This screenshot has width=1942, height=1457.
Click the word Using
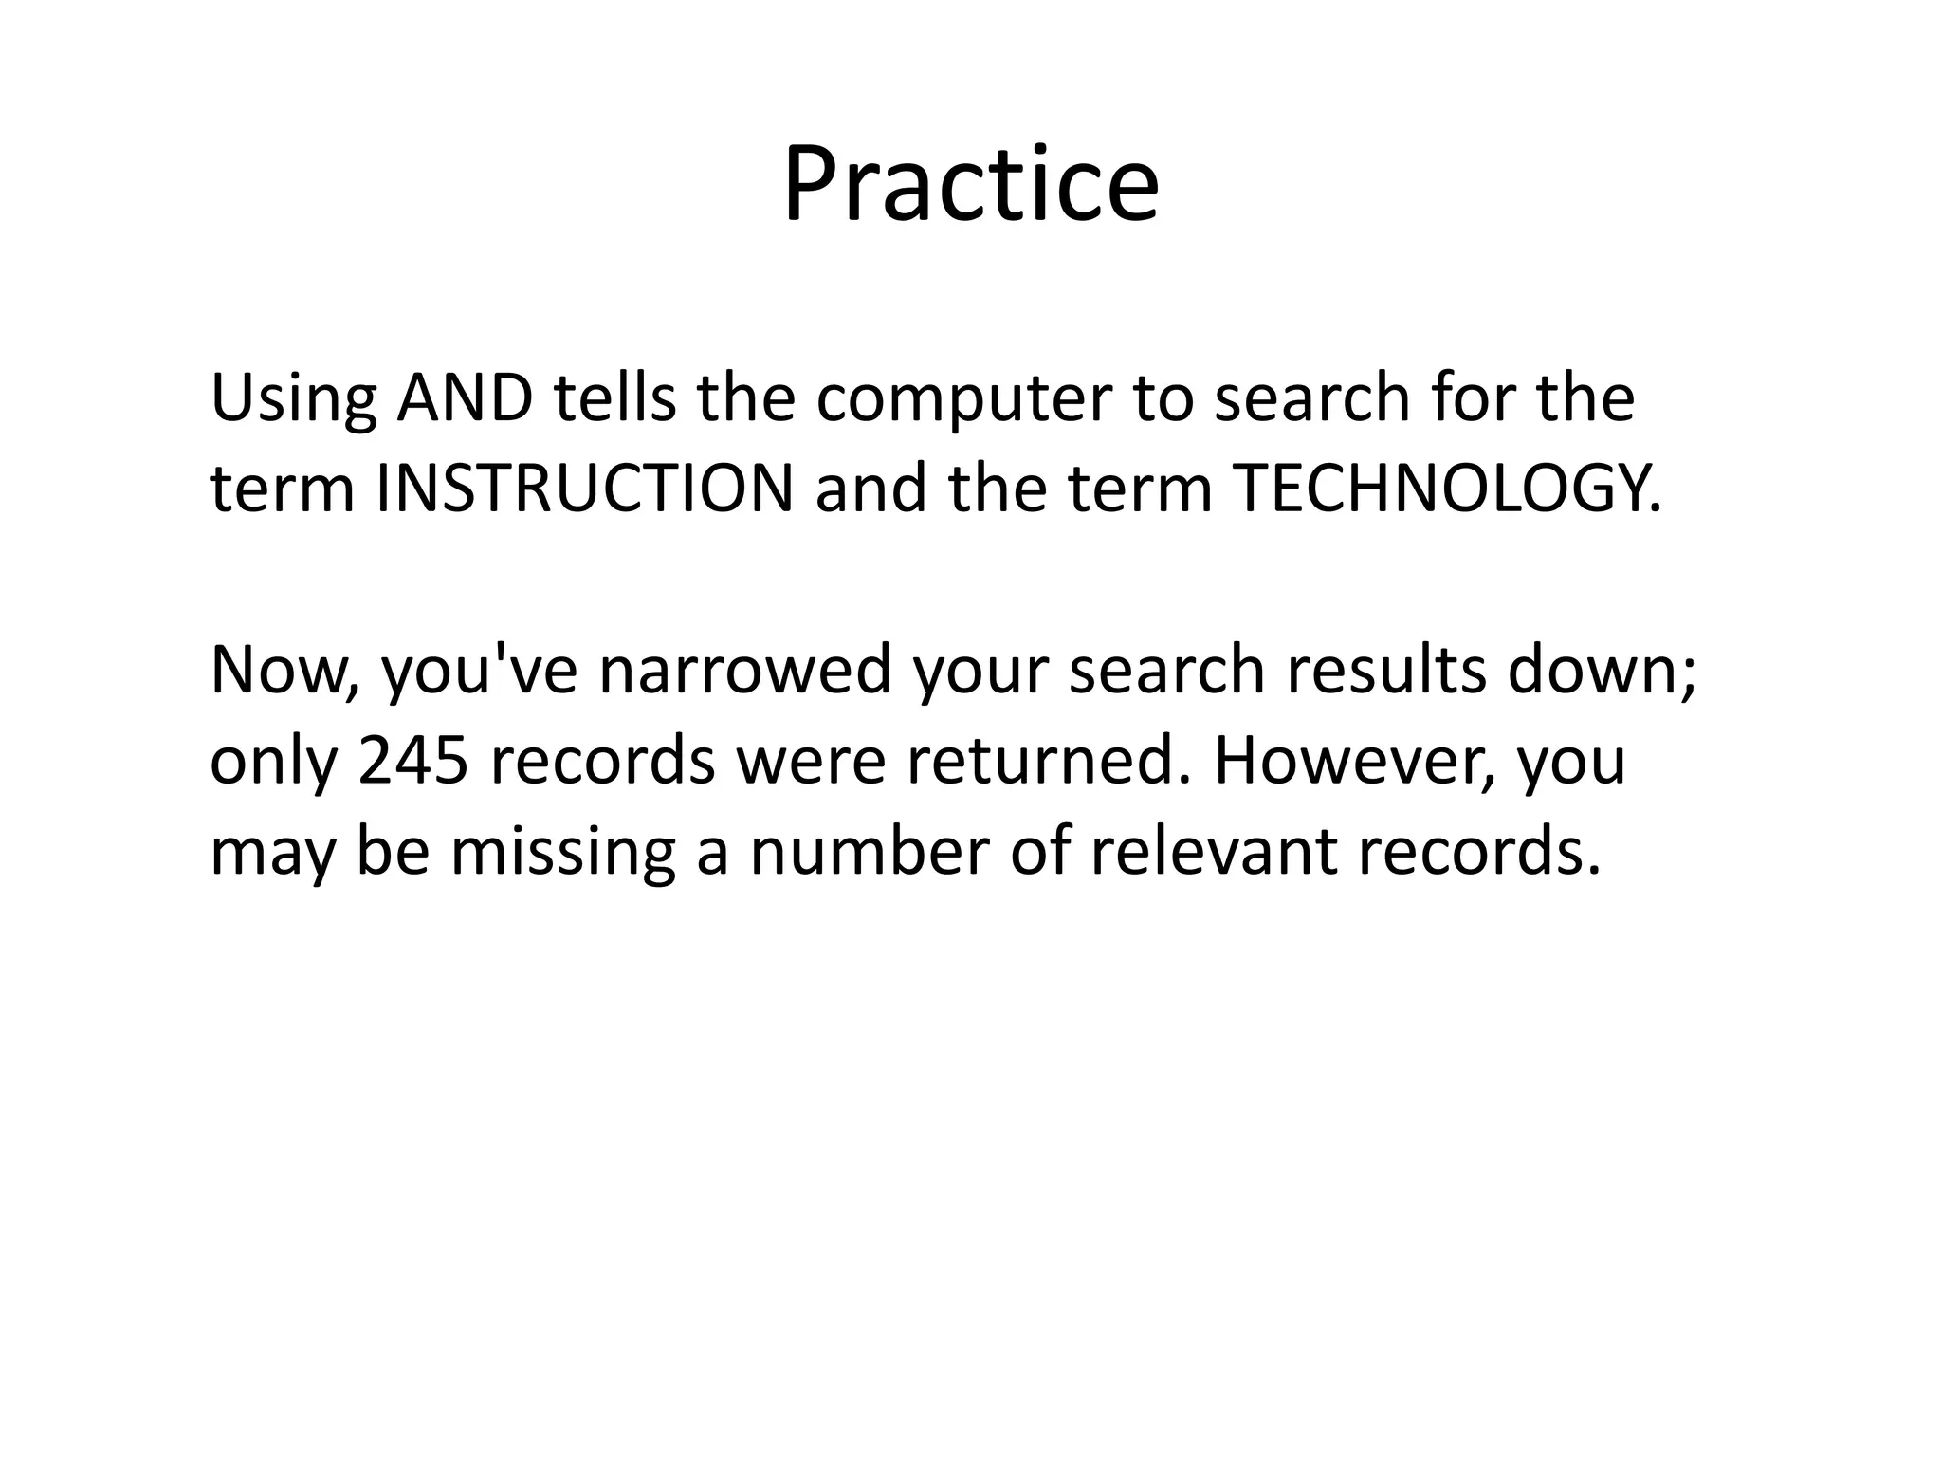coord(292,400)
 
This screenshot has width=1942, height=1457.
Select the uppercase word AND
coord(465,398)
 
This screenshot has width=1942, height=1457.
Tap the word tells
coord(615,398)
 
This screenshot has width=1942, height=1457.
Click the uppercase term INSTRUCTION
coord(585,489)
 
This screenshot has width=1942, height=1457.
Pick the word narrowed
coord(745,671)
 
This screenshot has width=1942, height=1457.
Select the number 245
coord(414,762)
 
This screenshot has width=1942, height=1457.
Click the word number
coord(870,852)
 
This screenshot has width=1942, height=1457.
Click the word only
coord(273,762)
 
